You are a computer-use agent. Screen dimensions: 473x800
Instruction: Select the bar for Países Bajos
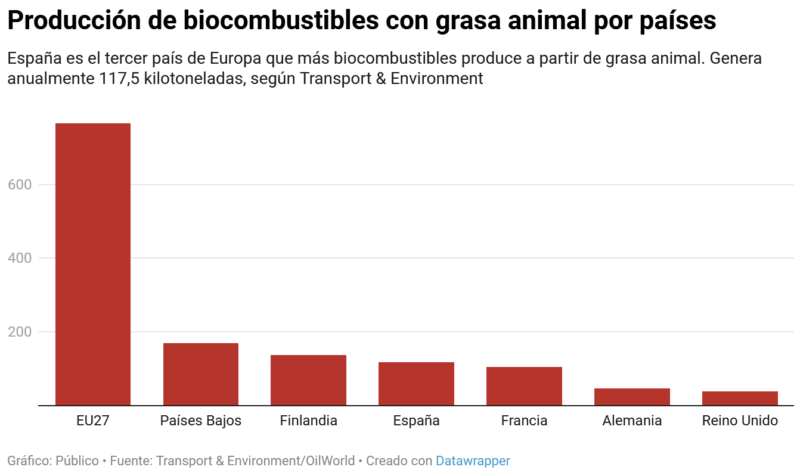point(201,374)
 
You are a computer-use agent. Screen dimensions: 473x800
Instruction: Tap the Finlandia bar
point(308,380)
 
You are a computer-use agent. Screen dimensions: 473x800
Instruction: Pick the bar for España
point(416,384)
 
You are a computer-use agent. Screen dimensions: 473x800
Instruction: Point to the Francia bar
point(524,386)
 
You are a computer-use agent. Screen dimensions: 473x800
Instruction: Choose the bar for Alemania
point(632,397)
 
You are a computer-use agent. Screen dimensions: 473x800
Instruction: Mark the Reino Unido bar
point(740,398)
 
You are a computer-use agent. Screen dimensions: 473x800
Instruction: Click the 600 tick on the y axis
point(20,185)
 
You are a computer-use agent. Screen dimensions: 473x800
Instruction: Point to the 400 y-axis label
point(20,258)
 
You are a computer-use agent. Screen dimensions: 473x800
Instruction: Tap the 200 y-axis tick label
point(20,332)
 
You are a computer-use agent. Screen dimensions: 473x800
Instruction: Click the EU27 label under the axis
point(93,421)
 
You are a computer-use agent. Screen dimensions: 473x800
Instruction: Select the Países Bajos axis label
point(201,421)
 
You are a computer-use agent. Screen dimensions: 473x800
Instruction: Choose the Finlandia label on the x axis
point(308,421)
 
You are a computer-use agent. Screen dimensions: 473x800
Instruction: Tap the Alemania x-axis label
point(632,421)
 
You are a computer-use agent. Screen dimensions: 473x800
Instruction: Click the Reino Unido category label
point(740,421)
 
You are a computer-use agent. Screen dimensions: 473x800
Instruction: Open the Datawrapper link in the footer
point(473,461)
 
